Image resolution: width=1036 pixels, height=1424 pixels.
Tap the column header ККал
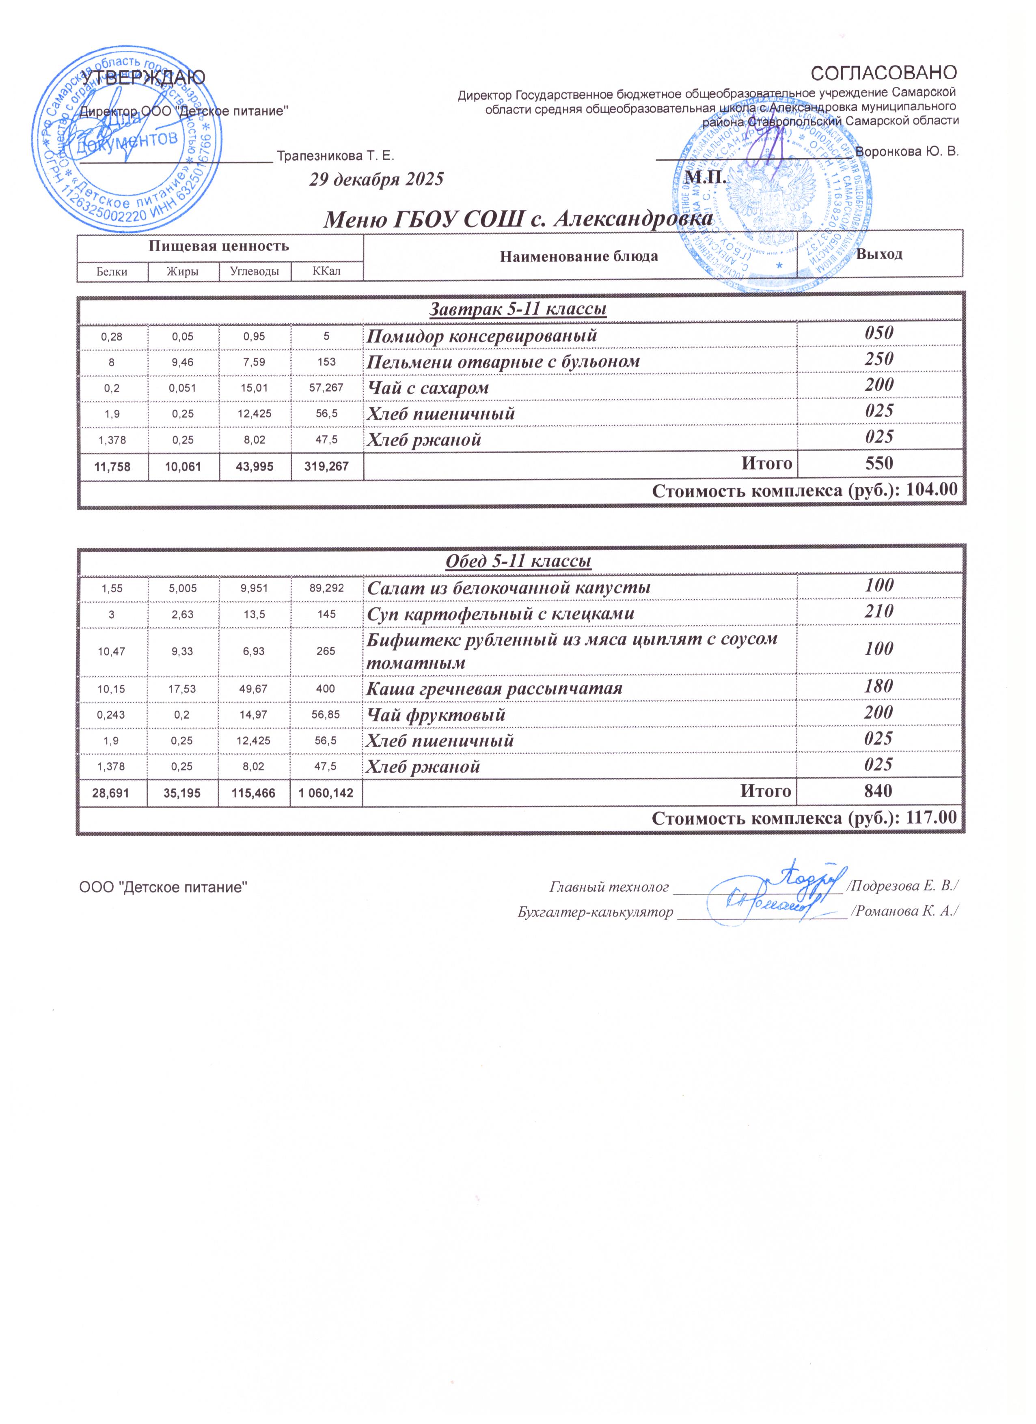click(x=327, y=271)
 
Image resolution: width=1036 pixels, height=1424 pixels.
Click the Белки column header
click(x=112, y=271)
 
